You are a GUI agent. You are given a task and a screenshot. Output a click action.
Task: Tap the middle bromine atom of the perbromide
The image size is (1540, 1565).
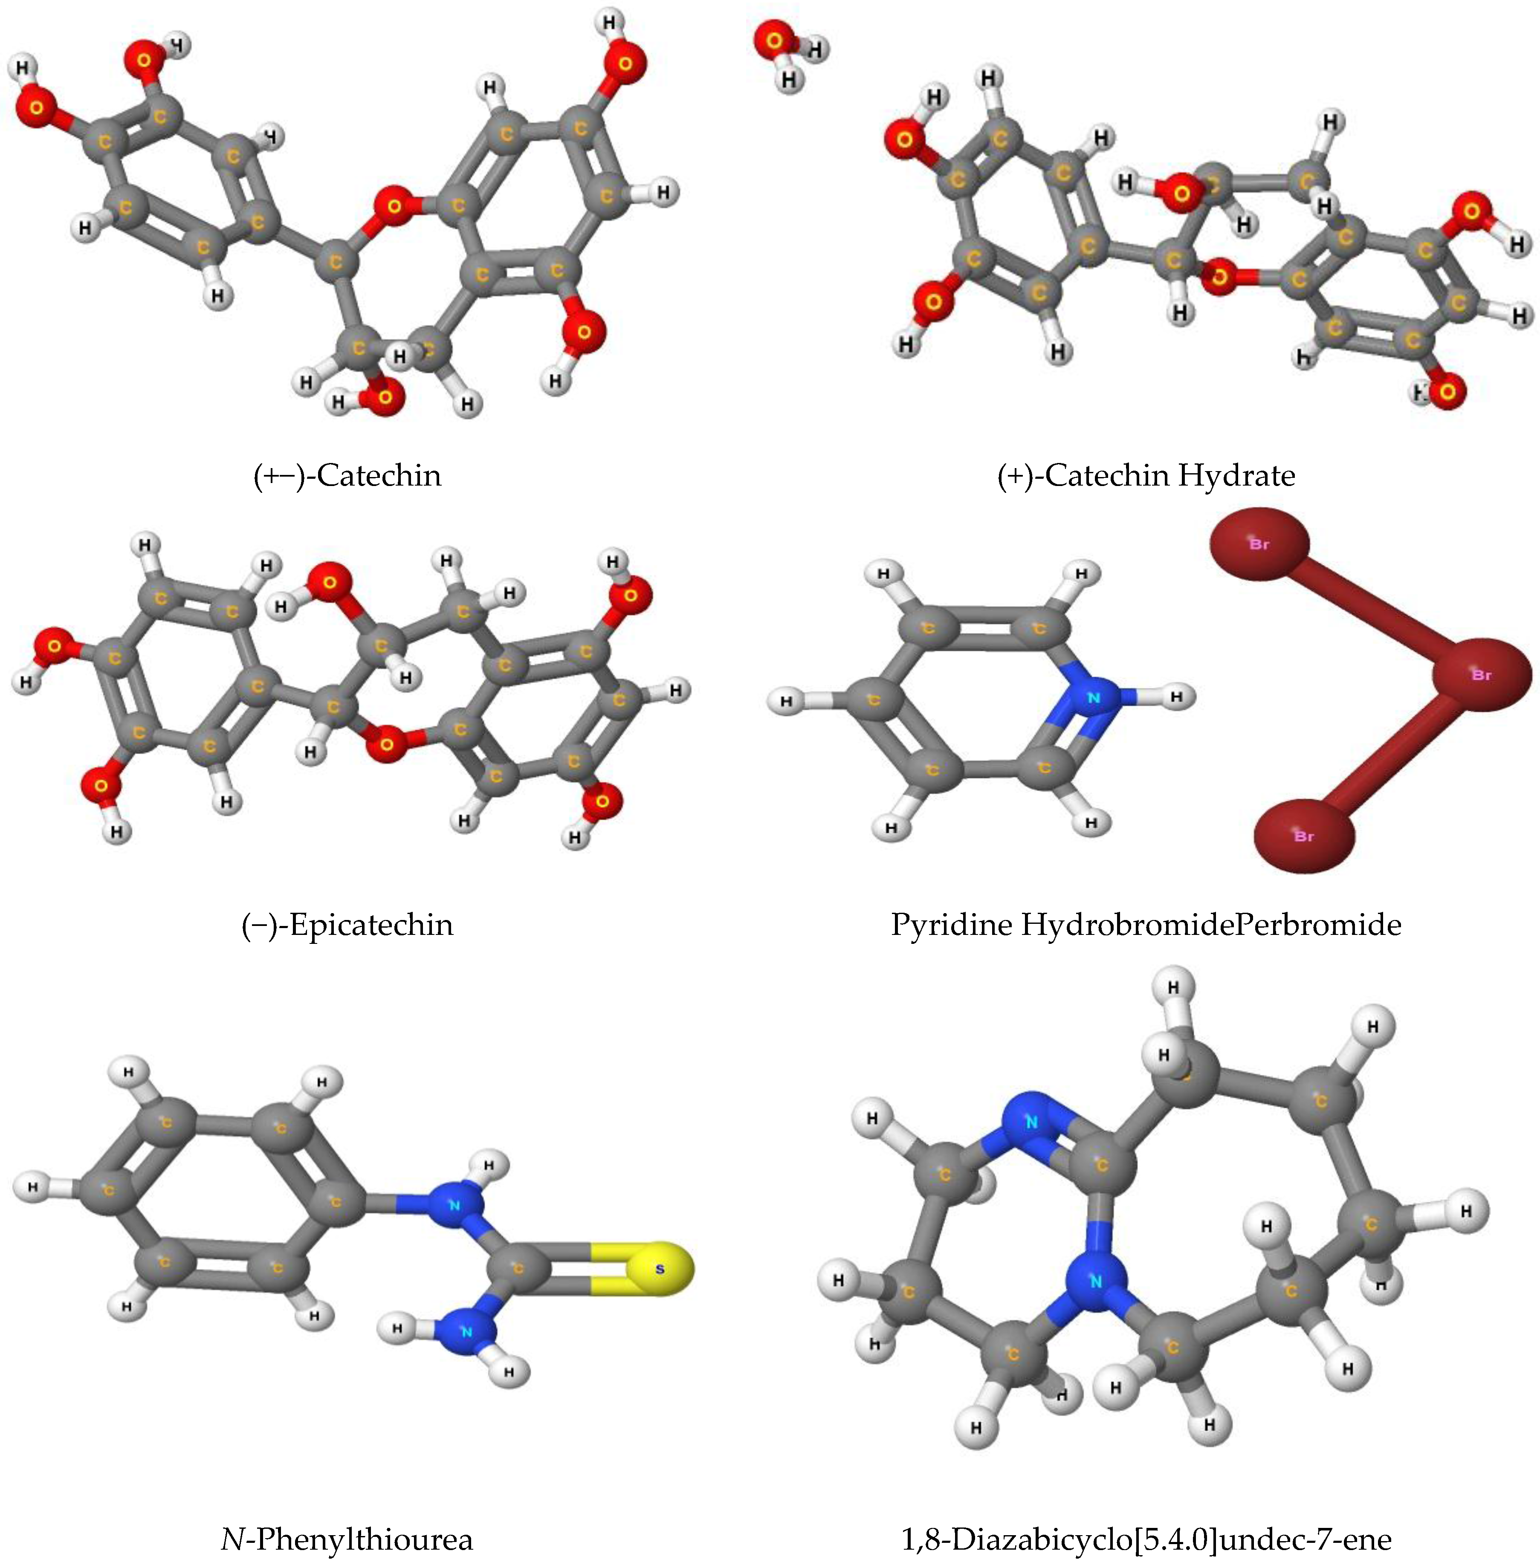pos(1481,674)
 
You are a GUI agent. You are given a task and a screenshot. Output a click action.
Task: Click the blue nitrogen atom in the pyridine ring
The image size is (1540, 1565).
pos(1094,697)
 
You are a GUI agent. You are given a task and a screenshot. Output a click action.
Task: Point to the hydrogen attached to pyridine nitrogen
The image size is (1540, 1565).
pos(1177,696)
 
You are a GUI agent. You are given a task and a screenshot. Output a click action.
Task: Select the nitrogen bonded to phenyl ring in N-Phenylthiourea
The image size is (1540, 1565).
pos(454,1205)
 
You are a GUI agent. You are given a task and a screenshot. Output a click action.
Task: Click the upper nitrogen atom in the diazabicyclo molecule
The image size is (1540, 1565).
pos(1031,1122)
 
